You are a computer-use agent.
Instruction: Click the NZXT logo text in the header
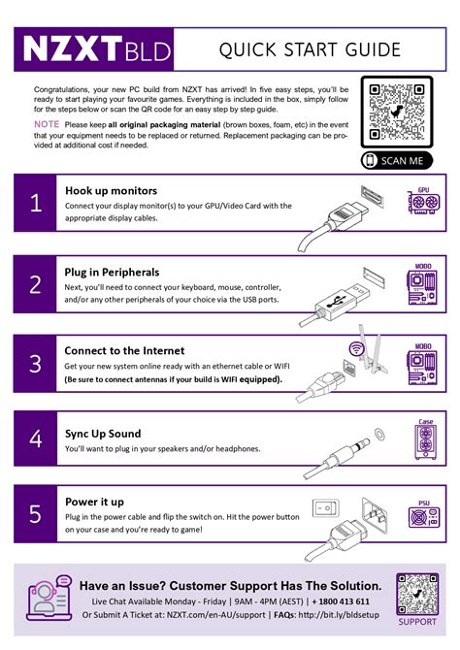[73, 48]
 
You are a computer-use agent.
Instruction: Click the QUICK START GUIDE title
[309, 49]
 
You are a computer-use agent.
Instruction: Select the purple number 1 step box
[36, 203]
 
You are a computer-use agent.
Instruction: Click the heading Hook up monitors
[111, 190]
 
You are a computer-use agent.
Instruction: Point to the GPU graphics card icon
[423, 203]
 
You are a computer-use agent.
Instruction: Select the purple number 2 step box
[36, 284]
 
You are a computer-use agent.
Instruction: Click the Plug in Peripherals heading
[112, 272]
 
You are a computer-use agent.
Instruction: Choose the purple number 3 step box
[36, 364]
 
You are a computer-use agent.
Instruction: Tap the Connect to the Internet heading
[123, 350]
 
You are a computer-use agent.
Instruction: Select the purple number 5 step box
[36, 514]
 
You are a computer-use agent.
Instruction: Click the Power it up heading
[94, 502]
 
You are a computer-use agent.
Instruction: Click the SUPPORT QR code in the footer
[417, 593]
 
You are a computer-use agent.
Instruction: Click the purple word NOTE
[46, 124]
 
